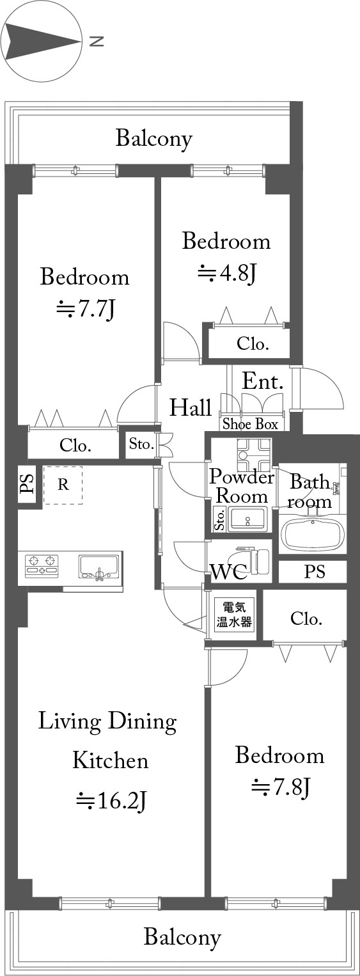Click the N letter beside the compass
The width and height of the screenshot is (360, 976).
pos(97,42)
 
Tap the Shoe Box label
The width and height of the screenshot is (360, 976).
pos(250,424)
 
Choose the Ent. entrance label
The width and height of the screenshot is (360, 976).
pos(263,381)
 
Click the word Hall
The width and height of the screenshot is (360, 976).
pos(191,407)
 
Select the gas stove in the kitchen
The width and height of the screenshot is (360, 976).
pos(42,566)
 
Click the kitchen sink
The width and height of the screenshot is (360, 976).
pos(98,567)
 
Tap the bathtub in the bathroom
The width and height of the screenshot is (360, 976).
pos(313,533)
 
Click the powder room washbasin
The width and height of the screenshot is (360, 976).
pos(247,518)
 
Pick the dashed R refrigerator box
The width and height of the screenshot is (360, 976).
pos(63,485)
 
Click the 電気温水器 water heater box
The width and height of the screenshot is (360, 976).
pos(235,615)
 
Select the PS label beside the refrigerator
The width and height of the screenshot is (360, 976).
pos(27,484)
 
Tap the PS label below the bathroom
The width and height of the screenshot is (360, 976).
pos(314,571)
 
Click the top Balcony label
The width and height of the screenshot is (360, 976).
pos(154,139)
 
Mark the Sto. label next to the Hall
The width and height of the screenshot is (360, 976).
pos(141,445)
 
